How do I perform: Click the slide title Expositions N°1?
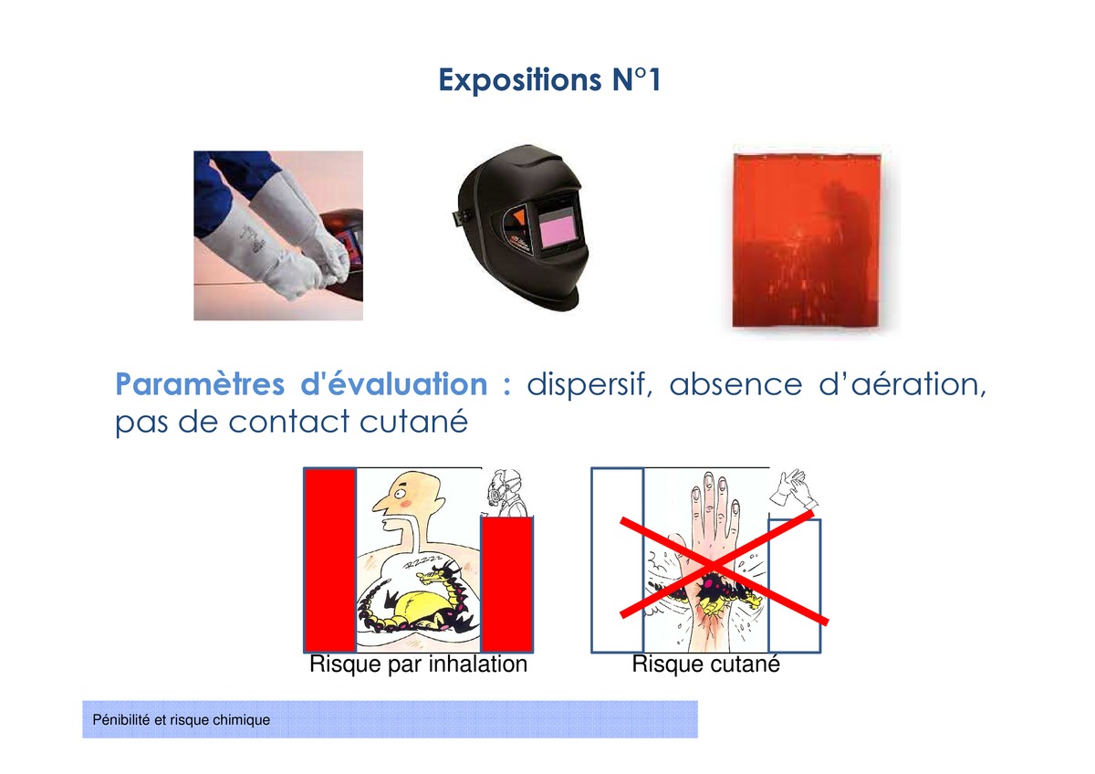[550, 79]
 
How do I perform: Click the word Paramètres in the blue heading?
[200, 384]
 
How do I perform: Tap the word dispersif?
[590, 385]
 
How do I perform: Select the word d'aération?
[902, 385]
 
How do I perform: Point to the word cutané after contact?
[414, 422]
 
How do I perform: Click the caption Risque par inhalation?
[419, 664]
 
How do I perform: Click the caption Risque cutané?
[706, 664]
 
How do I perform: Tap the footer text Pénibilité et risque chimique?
[181, 720]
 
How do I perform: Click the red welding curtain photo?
[807, 240]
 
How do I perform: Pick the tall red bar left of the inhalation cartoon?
[330, 560]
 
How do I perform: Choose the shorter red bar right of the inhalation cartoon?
[507, 584]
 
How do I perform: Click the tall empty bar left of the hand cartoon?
[618, 560]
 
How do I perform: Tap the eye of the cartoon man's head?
[401, 492]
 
